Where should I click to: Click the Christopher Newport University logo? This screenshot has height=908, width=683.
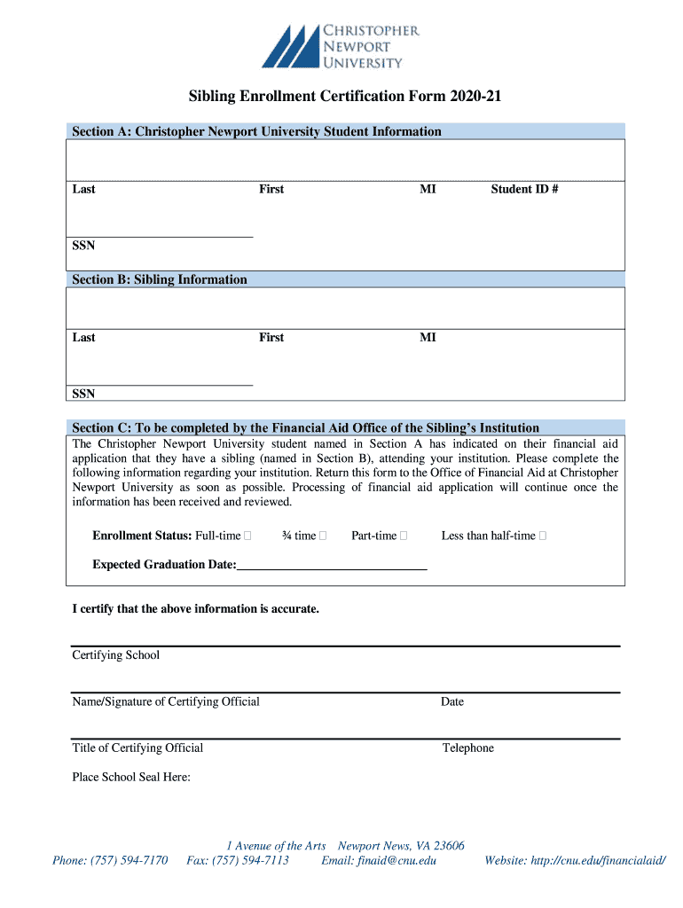point(341,46)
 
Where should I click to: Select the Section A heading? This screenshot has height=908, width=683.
point(256,131)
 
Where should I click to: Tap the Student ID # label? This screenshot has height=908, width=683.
point(524,189)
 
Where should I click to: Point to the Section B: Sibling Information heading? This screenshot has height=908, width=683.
point(160,279)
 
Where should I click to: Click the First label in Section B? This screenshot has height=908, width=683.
point(271,337)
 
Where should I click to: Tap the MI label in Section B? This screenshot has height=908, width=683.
point(428,337)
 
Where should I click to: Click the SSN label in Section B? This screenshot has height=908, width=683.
point(83,394)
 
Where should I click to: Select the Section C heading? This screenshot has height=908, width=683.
point(305,427)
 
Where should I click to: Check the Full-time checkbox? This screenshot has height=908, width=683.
point(247,536)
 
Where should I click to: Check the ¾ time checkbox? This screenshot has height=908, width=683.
point(322,536)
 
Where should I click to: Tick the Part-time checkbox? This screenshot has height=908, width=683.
point(404,536)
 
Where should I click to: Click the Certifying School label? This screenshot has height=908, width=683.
point(116,655)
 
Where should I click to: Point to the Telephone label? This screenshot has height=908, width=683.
point(468,748)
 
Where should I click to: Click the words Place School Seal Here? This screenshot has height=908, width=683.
point(131,778)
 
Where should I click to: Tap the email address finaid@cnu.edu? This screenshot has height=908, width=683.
point(379,860)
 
